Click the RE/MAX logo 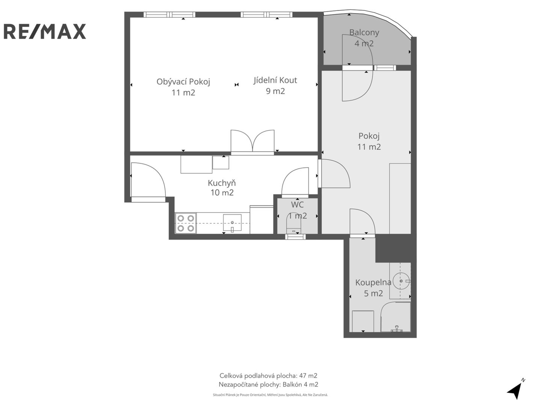[45, 31]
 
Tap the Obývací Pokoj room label [183, 82]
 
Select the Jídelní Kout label [275, 80]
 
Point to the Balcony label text [364, 32]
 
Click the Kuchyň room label [222, 183]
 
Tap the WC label [297, 205]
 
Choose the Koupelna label [373, 282]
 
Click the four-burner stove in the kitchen [186, 223]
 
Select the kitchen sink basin [232, 223]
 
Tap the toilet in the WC [294, 223]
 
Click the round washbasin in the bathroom [401, 281]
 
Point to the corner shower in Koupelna [396, 317]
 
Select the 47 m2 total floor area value [308, 376]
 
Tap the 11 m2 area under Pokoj [369, 147]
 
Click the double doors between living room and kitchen [252, 142]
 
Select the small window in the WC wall [295, 237]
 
